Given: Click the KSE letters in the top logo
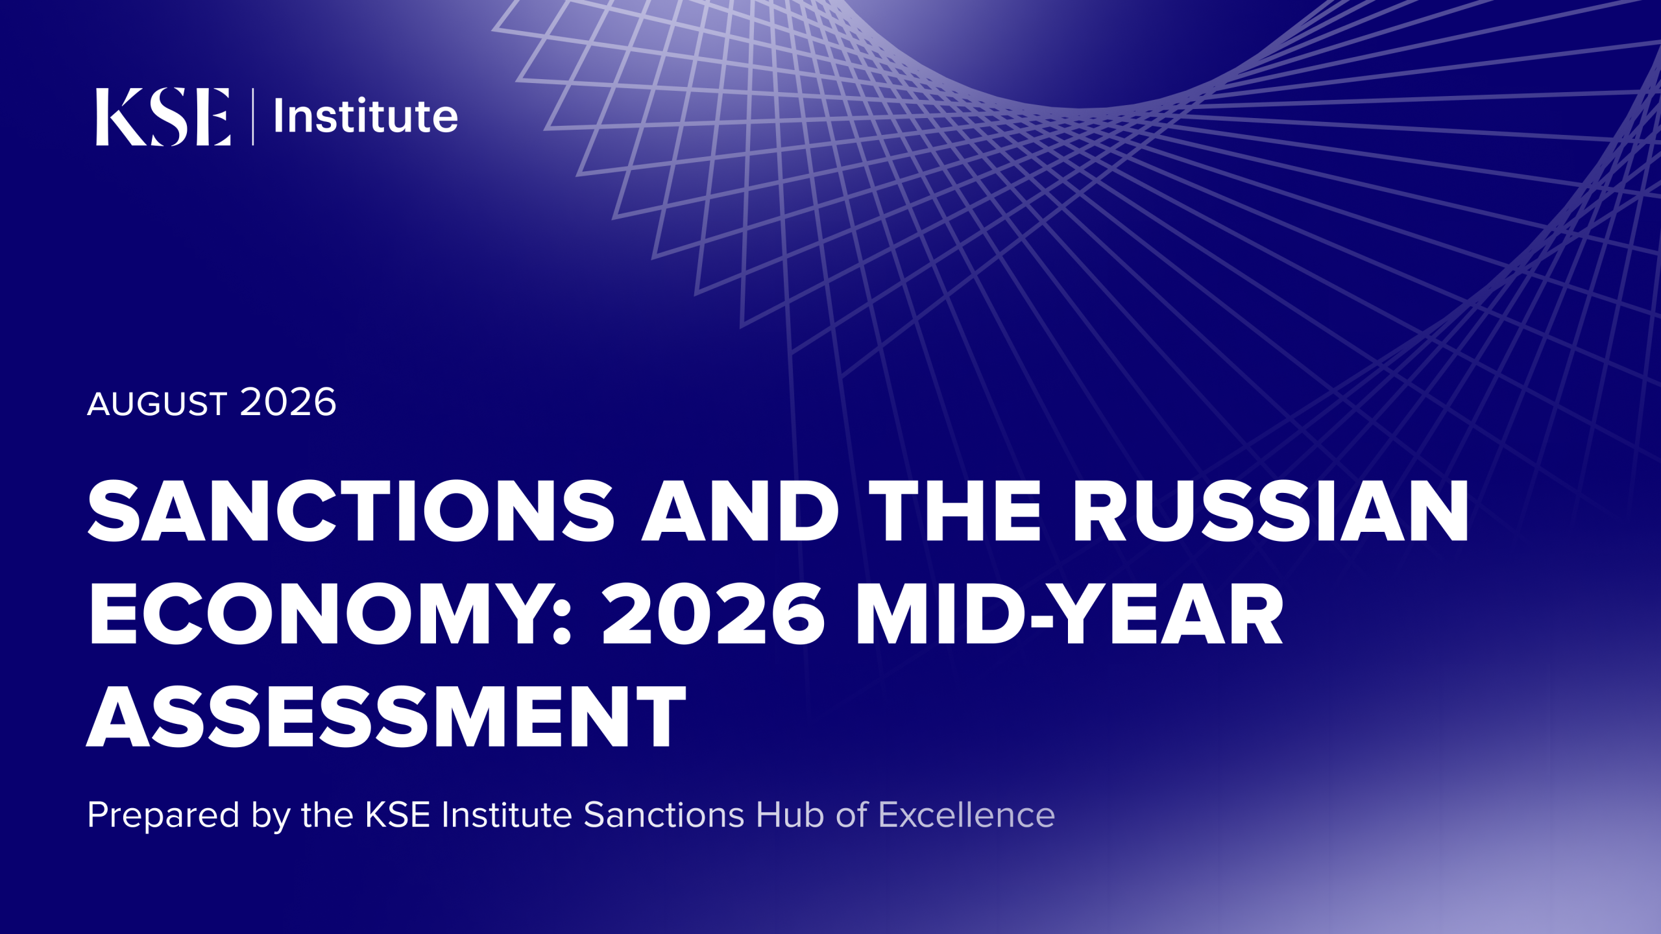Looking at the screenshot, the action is click(x=163, y=117).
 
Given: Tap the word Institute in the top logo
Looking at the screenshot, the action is click(x=366, y=116).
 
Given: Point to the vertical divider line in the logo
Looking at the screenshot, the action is click(x=252, y=117).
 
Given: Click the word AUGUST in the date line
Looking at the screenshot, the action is click(x=157, y=403).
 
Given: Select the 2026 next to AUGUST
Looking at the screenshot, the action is click(x=288, y=402).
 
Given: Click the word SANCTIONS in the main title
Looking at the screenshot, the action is click(x=351, y=510).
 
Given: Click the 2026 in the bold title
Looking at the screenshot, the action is click(x=714, y=614).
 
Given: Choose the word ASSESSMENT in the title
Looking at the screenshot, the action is click(x=386, y=716).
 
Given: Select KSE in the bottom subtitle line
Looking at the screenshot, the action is click(x=398, y=815).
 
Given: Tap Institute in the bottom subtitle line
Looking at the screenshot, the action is click(x=507, y=815).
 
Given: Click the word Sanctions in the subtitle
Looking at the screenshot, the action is click(x=664, y=815).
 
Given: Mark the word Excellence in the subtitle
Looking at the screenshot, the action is click(x=967, y=815).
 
